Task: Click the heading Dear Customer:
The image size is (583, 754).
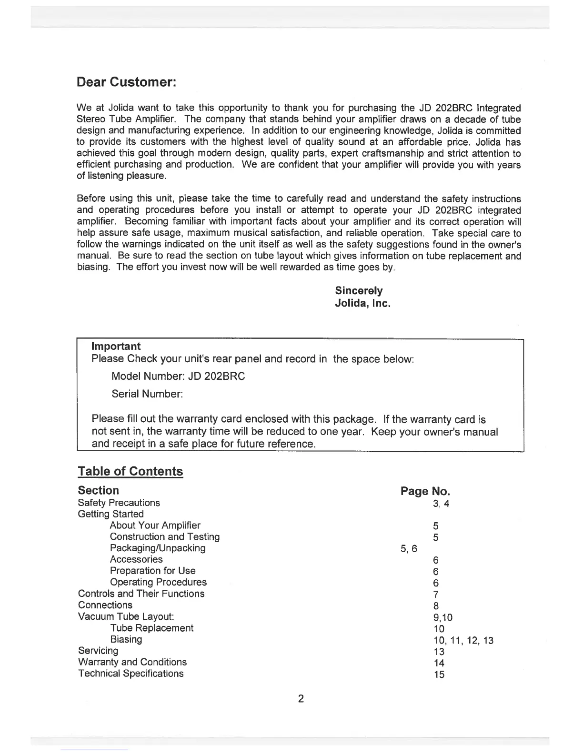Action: click(x=127, y=82)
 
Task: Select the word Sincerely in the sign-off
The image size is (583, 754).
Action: click(x=359, y=291)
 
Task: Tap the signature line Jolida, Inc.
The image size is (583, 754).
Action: click(x=362, y=303)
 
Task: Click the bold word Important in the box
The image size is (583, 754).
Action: click(x=116, y=346)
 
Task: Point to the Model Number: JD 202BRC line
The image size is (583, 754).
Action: click(x=178, y=377)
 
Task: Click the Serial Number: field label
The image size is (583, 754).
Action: click(x=147, y=394)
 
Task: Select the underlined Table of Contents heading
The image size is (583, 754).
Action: click(x=130, y=471)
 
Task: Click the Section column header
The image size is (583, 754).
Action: click(x=98, y=490)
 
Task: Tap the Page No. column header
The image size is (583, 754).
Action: click(x=425, y=491)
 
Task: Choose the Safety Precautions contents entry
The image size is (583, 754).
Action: click(x=119, y=503)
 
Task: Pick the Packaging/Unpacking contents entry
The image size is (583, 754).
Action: click(x=158, y=548)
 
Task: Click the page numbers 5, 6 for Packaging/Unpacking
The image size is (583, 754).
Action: click(x=409, y=549)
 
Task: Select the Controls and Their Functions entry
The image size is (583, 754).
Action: click(x=141, y=594)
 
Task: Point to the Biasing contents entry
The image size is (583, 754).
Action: click(x=126, y=639)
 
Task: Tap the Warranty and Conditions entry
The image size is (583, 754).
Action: click(x=132, y=662)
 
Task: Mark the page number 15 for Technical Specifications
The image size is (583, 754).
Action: click(x=439, y=675)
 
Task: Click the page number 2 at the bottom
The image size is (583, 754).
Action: click(x=301, y=699)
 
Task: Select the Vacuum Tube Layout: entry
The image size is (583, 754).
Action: click(x=126, y=616)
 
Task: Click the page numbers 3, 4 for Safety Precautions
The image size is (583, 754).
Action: click(x=441, y=504)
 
